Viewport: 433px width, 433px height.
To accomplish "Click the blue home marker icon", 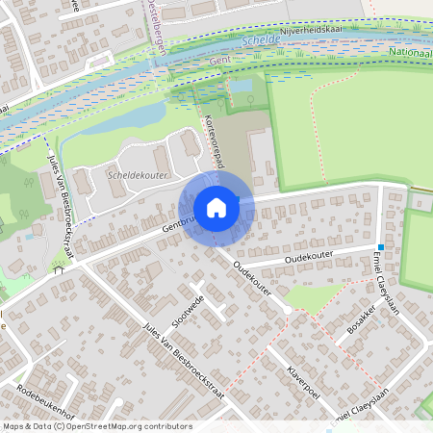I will click(x=216, y=208).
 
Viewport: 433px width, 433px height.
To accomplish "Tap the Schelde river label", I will click(x=262, y=42).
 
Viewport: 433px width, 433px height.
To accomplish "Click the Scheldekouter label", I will click(x=138, y=176).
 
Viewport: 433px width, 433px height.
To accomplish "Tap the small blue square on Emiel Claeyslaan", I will click(x=381, y=247).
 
